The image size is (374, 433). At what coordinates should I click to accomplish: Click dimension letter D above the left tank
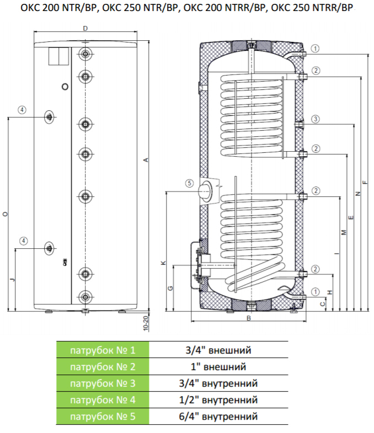[x=85, y=28]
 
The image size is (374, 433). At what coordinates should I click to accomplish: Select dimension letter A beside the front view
[x=146, y=160]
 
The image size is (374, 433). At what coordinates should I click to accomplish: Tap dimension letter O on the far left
[x=4, y=213]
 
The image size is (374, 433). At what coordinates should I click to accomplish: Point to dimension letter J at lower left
[x=12, y=280]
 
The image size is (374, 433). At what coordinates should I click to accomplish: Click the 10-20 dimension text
[x=146, y=322]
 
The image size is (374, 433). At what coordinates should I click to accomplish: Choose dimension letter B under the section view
[x=249, y=319]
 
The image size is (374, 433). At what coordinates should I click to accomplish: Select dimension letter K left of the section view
[x=163, y=263]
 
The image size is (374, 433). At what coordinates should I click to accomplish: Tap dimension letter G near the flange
[x=170, y=288]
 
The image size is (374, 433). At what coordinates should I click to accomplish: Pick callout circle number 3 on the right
[x=315, y=119]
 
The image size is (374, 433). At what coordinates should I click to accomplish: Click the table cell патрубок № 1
[x=102, y=350]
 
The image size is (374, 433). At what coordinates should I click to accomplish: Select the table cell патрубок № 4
[x=102, y=400]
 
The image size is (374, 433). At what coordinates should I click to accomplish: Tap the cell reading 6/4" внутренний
[x=218, y=416]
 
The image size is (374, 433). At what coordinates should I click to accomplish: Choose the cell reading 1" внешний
[x=218, y=367]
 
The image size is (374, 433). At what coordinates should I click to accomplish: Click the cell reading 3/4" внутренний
[x=218, y=383]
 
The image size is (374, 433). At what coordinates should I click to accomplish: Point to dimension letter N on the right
[x=357, y=194]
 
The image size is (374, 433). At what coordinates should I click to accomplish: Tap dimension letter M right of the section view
[x=343, y=232]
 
